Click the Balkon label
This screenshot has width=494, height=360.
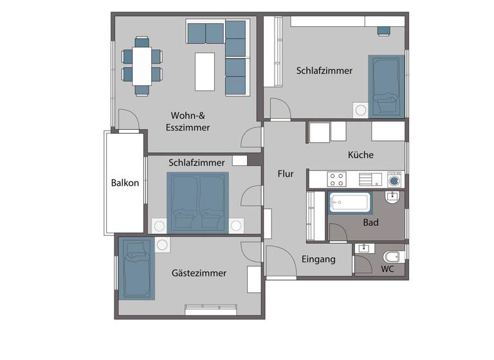pyautogui.click(x=125, y=183)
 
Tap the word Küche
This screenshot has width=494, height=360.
pyautogui.click(x=360, y=155)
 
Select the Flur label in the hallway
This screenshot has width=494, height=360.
pyautogui.click(x=286, y=174)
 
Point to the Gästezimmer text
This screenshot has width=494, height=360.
pyautogui.click(x=199, y=273)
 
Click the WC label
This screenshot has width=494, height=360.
pyautogui.click(x=387, y=269)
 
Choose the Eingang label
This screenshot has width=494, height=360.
pyautogui.click(x=318, y=260)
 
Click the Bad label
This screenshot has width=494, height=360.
pyautogui.click(x=370, y=223)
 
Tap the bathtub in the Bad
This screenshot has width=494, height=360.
pyautogui.click(x=350, y=203)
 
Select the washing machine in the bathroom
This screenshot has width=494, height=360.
pyautogui.click(x=394, y=180)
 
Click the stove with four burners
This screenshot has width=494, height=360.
pyautogui.click(x=336, y=179)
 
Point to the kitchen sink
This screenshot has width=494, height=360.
pyautogui.click(x=369, y=179)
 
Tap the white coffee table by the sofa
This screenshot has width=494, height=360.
pyautogui.click(x=205, y=71)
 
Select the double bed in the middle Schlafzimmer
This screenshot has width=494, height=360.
pyautogui.click(x=197, y=202)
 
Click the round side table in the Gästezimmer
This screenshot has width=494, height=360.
pyautogui.click(x=161, y=245)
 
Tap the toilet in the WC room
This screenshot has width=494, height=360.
pyautogui.click(x=392, y=257)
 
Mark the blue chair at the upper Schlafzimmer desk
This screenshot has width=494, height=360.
pyautogui.click(x=383, y=29)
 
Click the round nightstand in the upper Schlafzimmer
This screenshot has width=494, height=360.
pyautogui.click(x=361, y=110)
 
